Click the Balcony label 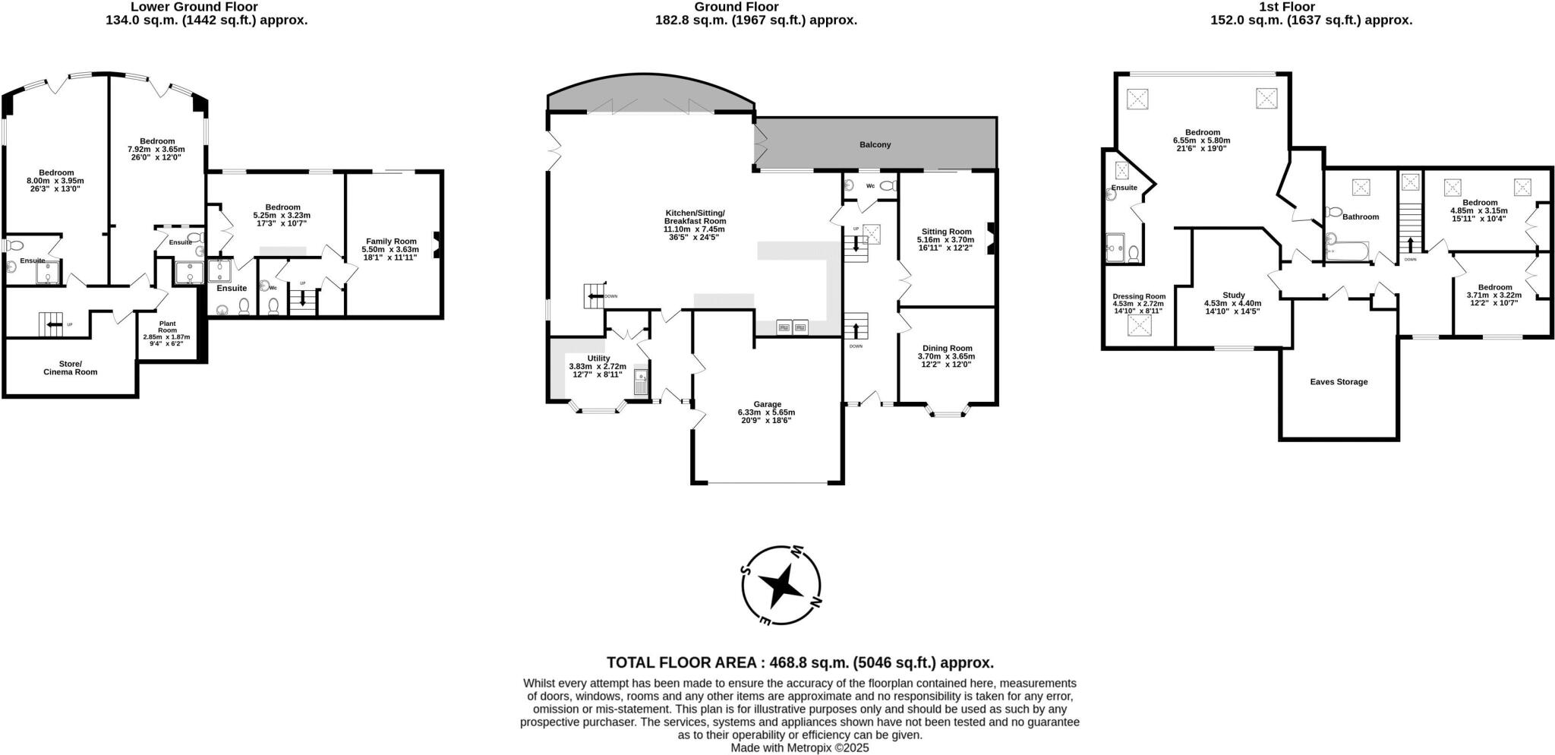pos(875,144)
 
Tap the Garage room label pos(767,404)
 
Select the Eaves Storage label pos(1339,381)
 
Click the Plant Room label pos(167,327)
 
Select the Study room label pos(1233,295)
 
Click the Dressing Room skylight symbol pos(1139,325)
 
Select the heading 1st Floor pos(1311,7)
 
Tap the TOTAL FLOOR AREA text pos(800,662)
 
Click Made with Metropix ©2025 pos(800,747)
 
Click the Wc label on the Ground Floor pos(870,185)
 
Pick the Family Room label pos(390,241)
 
